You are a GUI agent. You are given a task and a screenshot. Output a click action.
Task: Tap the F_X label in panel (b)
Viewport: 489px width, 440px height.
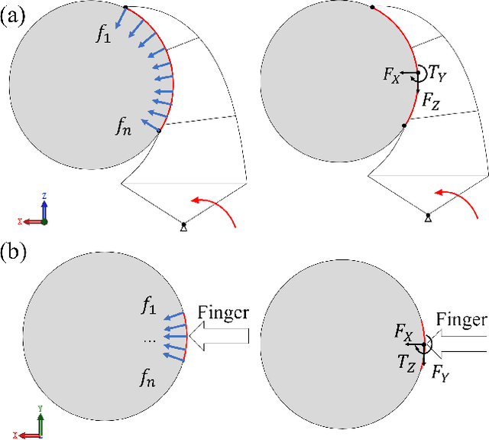(403, 333)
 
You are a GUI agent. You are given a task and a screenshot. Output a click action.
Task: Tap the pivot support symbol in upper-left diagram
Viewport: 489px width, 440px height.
(183, 226)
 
